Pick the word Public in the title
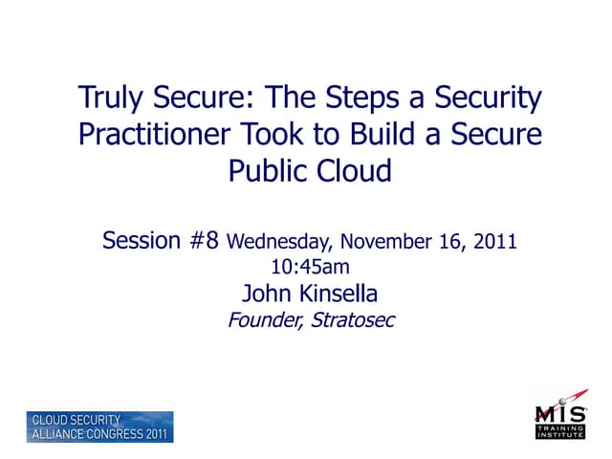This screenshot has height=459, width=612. tap(266, 171)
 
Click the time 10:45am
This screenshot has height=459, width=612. tap(311, 266)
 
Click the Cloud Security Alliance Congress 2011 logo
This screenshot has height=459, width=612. tap(99, 426)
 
